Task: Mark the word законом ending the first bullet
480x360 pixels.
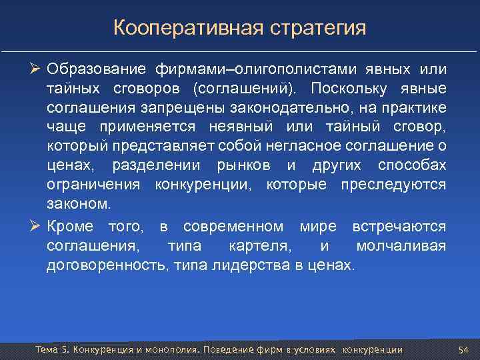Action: click(x=75, y=201)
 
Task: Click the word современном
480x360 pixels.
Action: click(x=228, y=227)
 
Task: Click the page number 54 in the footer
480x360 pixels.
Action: click(x=464, y=350)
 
